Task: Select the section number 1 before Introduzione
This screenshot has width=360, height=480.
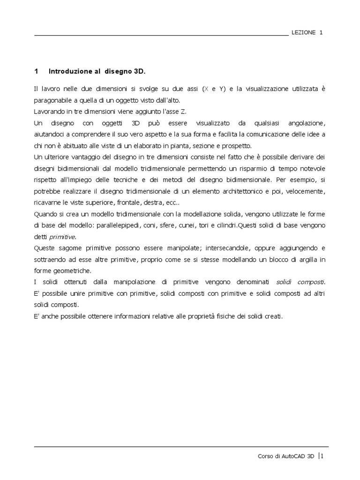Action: point(36,71)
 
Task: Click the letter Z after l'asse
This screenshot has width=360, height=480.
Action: point(164,112)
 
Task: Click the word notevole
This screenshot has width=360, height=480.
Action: point(312,168)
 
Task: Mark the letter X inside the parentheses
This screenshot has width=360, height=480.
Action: point(205,89)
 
